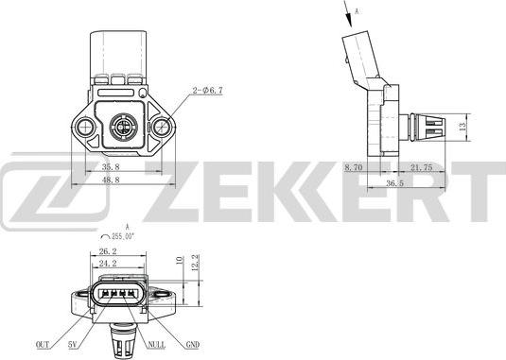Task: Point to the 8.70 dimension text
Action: click(353, 166)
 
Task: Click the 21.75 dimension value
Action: click(422, 166)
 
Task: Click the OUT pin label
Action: click(44, 345)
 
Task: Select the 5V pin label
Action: click(74, 345)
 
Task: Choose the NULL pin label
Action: click(156, 345)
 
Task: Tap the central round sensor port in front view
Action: click(122, 124)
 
